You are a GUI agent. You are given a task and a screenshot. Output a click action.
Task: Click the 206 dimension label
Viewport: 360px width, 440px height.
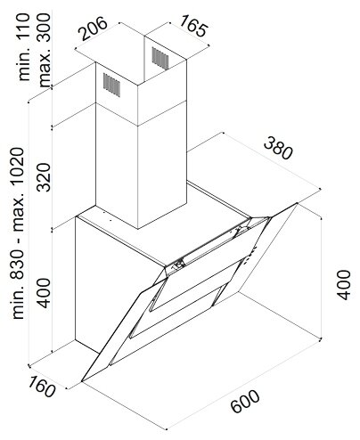94,29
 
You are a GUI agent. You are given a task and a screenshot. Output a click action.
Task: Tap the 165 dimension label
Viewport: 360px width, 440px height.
192,26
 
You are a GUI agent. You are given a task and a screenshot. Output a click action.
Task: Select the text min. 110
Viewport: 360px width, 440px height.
24,47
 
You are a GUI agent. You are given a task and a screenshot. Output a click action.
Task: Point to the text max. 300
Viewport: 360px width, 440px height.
45,50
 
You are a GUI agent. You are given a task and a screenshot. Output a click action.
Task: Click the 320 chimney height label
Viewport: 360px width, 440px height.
45,177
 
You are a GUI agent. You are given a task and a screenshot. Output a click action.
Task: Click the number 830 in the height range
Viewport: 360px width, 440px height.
18,264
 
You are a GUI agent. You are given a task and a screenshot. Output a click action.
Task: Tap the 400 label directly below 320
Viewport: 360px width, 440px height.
45,293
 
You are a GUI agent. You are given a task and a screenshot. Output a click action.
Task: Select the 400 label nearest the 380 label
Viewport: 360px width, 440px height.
344,284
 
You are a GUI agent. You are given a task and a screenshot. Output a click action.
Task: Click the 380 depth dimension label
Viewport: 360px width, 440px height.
278,148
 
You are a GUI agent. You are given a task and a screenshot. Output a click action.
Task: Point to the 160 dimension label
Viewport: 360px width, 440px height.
41,387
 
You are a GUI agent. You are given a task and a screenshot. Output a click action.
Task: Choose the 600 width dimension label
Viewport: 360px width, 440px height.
245,402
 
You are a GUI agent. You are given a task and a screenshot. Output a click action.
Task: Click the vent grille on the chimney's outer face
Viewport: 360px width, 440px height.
112,85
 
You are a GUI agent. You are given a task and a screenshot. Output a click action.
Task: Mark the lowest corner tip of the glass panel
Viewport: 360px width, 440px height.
82,381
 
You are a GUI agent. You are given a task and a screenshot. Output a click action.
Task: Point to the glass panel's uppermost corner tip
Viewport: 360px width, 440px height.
297,203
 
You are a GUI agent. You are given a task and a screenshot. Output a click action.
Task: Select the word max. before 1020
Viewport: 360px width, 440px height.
18,214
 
